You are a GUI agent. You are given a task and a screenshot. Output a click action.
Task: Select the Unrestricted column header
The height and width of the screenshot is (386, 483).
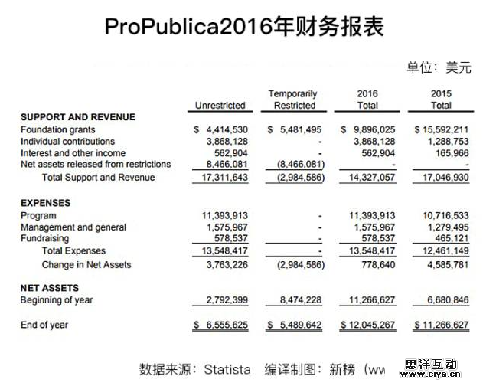pos(220,106)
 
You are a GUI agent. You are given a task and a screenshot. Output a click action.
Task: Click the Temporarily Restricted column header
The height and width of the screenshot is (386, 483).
pos(294,100)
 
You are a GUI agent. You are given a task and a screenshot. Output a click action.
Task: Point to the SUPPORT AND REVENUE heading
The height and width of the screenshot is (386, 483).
pos(77,117)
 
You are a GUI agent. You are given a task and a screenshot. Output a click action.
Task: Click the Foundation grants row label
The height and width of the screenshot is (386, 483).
pos(58,130)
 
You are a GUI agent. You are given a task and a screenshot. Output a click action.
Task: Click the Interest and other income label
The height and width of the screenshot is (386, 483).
pos(73,152)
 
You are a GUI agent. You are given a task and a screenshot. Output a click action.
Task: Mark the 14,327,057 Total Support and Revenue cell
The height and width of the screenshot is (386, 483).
pos(370,178)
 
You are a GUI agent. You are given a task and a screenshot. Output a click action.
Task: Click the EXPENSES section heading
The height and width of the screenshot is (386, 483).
pos(45,204)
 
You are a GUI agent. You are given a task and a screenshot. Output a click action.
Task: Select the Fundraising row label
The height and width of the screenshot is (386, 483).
pos(45,239)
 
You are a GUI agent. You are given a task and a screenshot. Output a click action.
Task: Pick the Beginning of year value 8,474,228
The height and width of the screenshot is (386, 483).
pos(300,300)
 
